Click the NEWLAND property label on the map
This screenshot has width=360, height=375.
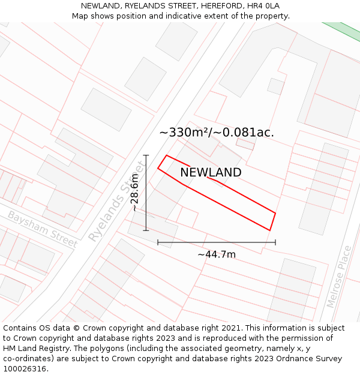(211, 173)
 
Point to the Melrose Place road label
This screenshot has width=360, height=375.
(339, 277)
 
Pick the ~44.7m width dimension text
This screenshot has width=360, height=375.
(217, 254)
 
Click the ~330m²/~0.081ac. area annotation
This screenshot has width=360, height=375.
(217, 133)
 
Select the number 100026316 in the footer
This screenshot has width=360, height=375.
(25, 369)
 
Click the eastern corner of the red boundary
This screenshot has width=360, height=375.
(275, 213)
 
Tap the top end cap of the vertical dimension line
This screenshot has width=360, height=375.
(146, 155)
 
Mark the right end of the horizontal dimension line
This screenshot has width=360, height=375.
(275, 242)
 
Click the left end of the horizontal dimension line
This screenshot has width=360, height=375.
(158, 242)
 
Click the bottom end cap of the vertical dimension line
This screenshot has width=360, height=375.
(146, 230)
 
